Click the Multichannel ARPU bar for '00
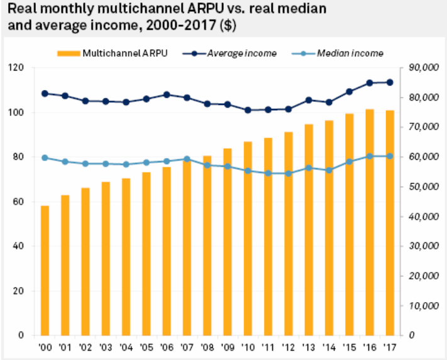[x=45, y=271]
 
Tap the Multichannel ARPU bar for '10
[x=248, y=239]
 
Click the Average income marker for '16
[x=370, y=83]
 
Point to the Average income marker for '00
[x=45, y=94]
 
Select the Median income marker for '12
[x=289, y=174]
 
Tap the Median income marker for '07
[x=187, y=159]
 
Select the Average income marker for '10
[x=248, y=110]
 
